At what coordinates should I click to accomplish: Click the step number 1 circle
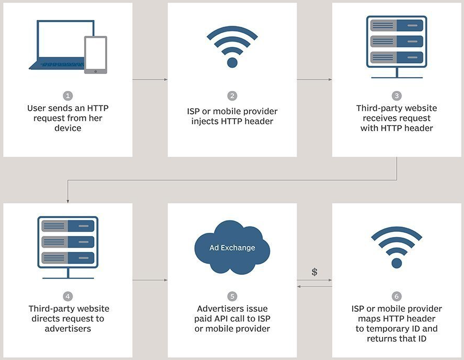point(67,96)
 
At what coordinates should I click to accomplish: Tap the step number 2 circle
point(232,96)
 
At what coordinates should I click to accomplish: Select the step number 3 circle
point(396,96)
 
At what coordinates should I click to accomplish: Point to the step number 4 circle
point(67,296)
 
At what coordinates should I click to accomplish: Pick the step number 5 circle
point(232,296)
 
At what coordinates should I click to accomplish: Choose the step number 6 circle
point(396,296)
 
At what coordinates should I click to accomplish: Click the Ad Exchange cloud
point(232,248)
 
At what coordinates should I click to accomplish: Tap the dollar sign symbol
point(314,272)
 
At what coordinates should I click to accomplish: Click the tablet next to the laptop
point(95,54)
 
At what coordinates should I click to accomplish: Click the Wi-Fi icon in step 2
point(232,46)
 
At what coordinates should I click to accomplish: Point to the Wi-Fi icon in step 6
point(396,247)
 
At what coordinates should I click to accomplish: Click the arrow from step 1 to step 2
point(150,80)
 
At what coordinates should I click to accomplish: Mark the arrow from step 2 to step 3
point(314,80)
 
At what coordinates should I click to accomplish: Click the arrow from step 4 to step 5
point(150,280)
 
